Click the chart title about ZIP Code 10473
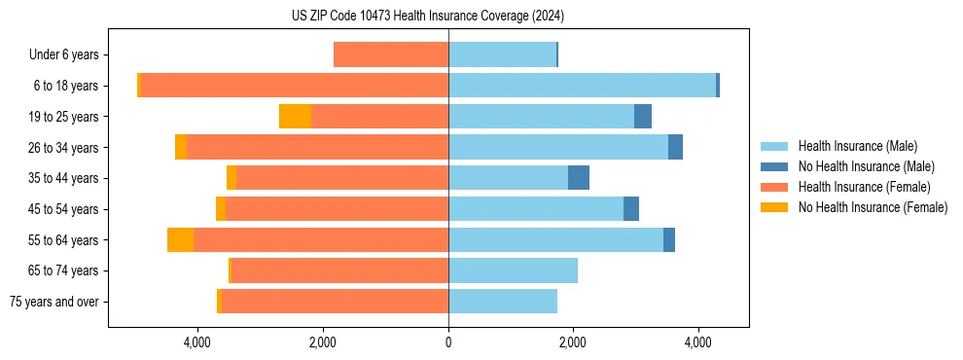pos(428,16)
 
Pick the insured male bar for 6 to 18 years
pos(582,86)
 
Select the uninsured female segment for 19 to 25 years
pos(295,117)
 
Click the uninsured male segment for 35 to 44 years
pos(579,178)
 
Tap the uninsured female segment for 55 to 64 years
pos(180,240)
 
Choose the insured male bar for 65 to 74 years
pos(513,270)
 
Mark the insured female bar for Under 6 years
pos(391,55)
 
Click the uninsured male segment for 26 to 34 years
pos(675,147)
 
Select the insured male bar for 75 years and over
pos(503,302)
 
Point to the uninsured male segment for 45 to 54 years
pos(631,209)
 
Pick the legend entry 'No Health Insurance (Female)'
pos(873,207)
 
